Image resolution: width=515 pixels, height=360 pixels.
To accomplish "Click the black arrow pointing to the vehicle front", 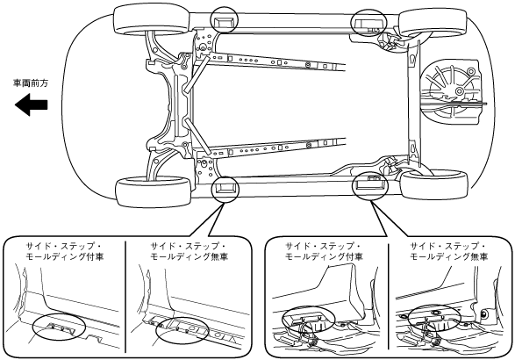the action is point(32,104).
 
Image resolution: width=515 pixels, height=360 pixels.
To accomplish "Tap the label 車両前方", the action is point(31,83).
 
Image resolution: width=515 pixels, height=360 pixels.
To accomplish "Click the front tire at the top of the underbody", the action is point(152,19).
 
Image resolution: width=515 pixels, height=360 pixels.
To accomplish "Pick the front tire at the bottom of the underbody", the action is point(154,191).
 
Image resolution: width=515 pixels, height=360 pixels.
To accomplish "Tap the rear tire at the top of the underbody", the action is point(433,23).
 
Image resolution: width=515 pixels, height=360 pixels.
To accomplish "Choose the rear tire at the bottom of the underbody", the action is point(434,184).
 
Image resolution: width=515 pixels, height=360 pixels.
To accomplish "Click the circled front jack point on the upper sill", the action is point(224,19).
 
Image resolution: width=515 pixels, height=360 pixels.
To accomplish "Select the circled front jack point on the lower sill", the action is point(225,190).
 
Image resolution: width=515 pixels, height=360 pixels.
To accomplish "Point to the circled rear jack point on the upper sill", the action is point(368,23).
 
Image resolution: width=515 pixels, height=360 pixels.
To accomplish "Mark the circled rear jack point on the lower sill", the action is point(370,185).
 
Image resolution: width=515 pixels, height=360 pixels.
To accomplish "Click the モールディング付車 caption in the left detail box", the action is point(64,256).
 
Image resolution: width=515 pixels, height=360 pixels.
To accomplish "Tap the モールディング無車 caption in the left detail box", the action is point(189,256).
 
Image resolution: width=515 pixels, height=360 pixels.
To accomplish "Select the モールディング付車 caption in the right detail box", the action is point(324,256).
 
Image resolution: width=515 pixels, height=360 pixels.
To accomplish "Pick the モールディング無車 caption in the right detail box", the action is point(448,256).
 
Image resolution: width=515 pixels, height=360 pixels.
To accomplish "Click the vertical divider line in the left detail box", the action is point(125,297).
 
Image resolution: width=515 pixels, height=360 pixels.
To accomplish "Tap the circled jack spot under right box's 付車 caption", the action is point(309,320).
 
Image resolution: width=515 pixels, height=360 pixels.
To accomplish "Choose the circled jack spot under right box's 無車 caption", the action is point(434,318).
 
